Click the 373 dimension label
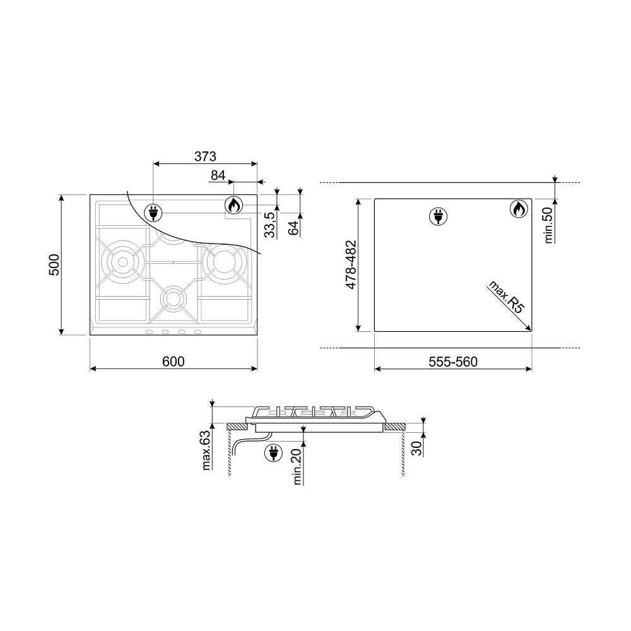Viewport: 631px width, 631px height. click(205, 156)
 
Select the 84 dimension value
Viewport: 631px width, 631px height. click(218, 175)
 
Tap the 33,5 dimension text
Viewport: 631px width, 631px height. click(271, 225)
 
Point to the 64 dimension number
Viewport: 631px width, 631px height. click(294, 228)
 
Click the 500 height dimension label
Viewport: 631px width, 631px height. click(54, 265)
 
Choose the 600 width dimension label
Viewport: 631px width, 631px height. click(174, 362)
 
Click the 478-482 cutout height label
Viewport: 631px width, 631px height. click(351, 264)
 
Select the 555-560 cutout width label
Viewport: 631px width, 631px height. click(453, 362)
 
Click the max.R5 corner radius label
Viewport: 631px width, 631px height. click(506, 297)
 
